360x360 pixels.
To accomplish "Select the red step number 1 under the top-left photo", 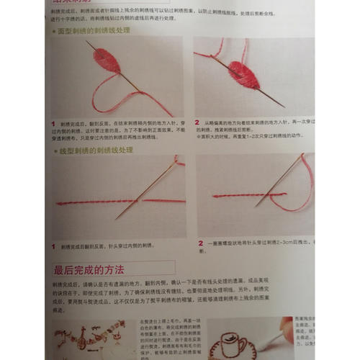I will [x=54, y=124].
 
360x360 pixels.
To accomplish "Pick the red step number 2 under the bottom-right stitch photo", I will [x=199, y=243].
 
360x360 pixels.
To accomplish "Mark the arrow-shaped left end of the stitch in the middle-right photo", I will [x=215, y=195].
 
